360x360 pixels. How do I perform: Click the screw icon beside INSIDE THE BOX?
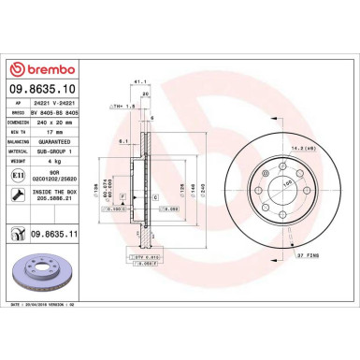(16, 194)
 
